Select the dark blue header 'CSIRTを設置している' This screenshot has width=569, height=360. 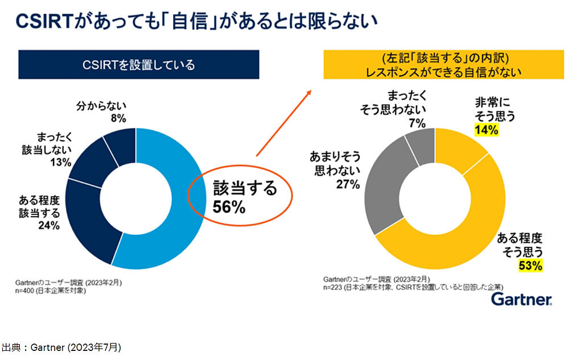coord(139,65)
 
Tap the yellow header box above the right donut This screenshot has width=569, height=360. coord(440,65)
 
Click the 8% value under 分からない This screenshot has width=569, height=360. coord(118,118)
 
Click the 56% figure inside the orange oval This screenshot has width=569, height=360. coord(229,208)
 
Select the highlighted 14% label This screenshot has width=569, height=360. coord(487,130)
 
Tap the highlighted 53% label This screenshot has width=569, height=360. coord(530,265)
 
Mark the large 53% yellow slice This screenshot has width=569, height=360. coord(455,250)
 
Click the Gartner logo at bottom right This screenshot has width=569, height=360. coord(520,300)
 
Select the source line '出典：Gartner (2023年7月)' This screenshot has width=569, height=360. coord(61,346)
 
